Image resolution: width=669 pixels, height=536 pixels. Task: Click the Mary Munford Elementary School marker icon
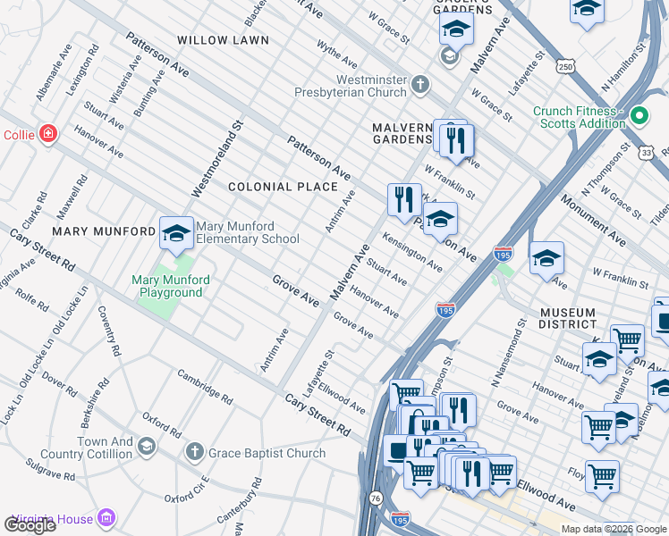point(176,233)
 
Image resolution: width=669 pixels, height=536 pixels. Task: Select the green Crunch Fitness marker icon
point(639,116)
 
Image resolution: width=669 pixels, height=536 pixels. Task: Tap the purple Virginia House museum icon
point(107,518)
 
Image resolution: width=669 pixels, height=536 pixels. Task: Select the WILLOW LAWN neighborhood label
point(223,40)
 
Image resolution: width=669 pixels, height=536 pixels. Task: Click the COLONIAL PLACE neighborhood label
point(283,187)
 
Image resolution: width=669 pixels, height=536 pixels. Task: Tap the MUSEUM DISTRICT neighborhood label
point(567,319)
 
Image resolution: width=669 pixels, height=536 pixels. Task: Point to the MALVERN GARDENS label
point(402,133)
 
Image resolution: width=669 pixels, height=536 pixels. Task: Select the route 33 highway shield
point(646,153)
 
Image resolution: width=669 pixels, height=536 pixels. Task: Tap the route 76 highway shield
point(376,497)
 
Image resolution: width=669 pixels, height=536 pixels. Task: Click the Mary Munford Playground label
point(171,286)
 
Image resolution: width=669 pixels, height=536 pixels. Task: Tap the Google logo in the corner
point(30,525)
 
